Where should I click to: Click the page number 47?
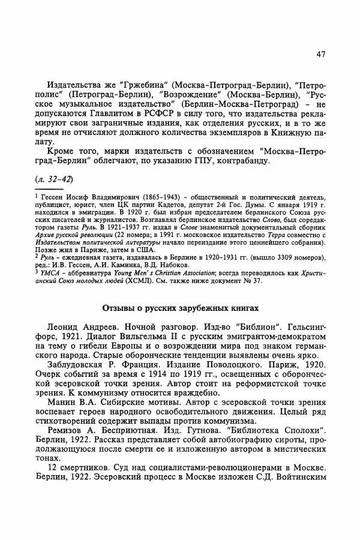click(x=320, y=55)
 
